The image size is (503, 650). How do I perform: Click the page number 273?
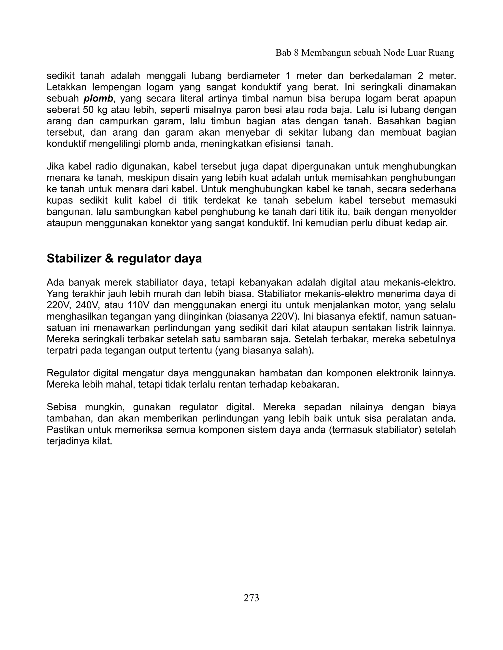[251, 598]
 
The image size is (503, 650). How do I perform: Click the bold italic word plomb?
[98, 99]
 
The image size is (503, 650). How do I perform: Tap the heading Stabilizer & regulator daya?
[124, 258]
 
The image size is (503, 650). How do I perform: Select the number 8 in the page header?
[296, 53]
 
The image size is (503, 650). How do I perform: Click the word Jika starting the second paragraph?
[56, 166]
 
